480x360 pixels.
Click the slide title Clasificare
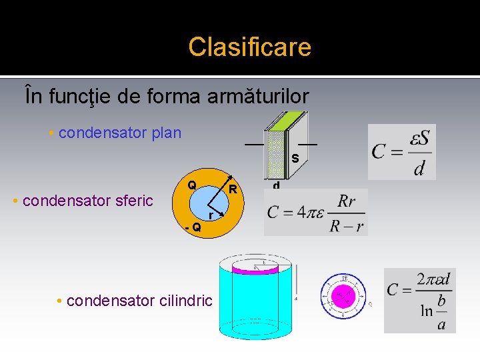249,47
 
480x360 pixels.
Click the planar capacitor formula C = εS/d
401,151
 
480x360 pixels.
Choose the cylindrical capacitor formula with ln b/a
419,300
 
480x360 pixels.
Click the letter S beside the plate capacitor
294,159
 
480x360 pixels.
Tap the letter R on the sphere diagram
233,189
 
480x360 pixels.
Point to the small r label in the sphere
211,215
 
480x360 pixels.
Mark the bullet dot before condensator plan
51,133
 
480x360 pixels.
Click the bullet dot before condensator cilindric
60,301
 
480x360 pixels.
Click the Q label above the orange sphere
191,185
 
